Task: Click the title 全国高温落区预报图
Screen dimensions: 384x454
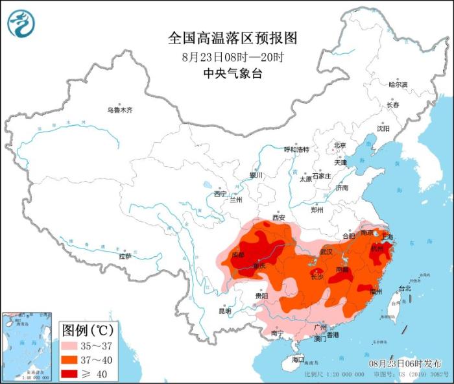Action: (x=232, y=38)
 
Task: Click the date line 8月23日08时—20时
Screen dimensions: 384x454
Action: (x=233, y=57)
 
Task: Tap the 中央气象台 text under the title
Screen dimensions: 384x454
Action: (x=232, y=74)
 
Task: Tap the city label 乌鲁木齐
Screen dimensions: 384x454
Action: (x=119, y=110)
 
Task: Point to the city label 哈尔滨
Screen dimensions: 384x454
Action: (x=398, y=85)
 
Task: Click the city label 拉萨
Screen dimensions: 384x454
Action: (x=125, y=256)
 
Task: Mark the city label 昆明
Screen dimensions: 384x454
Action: (x=224, y=311)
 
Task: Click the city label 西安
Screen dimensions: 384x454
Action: (x=279, y=217)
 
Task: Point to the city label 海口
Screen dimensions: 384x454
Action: (x=297, y=359)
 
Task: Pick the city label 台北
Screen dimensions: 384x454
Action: (x=404, y=288)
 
